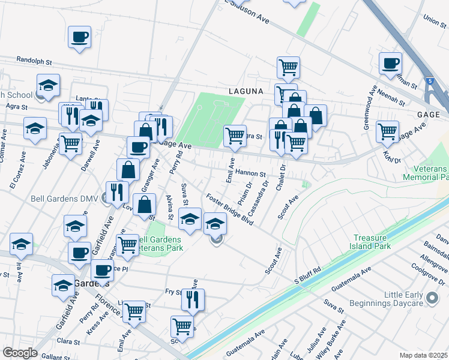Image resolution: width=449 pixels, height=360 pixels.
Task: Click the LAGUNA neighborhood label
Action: pos(246,91)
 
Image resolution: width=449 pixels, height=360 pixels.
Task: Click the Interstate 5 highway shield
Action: pos(430,80)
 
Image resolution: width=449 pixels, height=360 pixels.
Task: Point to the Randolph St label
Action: pos(35,61)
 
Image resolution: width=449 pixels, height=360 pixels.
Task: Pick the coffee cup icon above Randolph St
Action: pos(79,37)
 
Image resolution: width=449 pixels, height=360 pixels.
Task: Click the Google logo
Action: pos(20,353)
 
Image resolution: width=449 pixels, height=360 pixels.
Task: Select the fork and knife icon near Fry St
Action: pos(193,299)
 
